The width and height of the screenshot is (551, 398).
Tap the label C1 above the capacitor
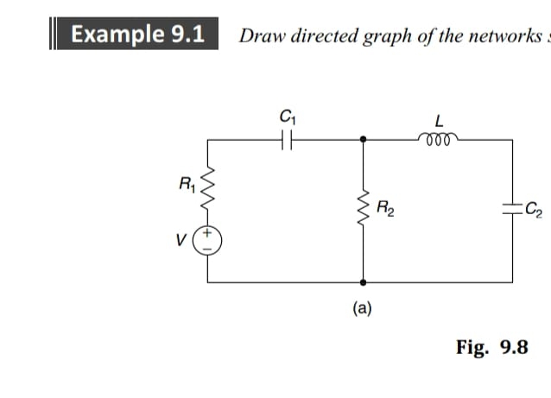tap(285, 115)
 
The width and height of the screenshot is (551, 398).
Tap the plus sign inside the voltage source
tap(208, 232)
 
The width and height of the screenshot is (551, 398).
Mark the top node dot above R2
tap(363, 139)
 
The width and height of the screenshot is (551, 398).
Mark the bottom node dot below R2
tap(363, 281)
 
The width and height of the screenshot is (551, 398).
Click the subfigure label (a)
tap(362, 306)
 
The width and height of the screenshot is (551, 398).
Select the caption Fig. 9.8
tap(491, 348)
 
